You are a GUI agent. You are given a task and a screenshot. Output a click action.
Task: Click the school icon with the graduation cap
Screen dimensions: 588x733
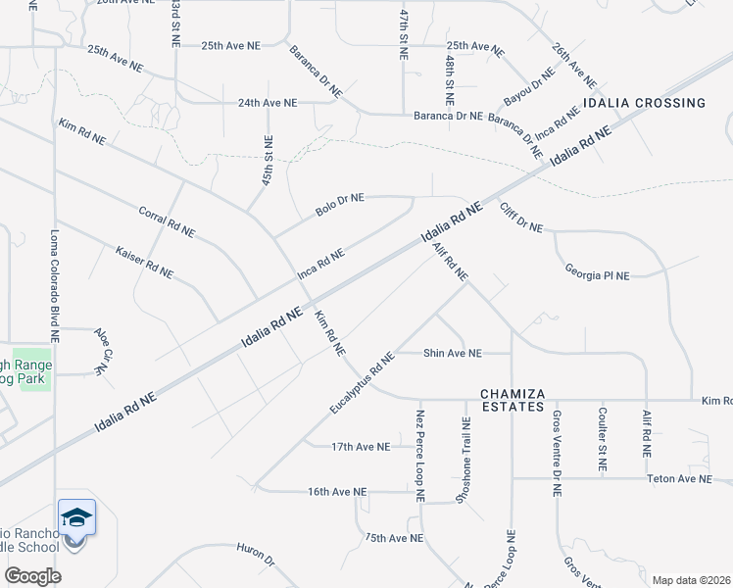tap(76, 517)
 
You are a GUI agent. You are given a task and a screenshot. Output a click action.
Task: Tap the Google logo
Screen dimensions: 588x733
tap(32, 575)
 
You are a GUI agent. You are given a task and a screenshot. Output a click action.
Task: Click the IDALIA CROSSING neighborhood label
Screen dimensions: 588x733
tap(644, 103)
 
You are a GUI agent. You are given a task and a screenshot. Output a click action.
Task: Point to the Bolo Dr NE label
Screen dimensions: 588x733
tap(340, 204)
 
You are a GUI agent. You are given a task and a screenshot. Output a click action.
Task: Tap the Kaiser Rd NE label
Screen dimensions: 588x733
tap(144, 262)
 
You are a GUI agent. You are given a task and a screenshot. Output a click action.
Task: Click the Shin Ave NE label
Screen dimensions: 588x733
tap(453, 353)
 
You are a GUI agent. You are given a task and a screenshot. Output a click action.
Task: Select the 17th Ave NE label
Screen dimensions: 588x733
tap(361, 446)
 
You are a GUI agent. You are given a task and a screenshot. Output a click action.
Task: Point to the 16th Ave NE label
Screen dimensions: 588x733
tap(336, 491)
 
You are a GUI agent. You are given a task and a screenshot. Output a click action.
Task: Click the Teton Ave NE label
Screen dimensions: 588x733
tap(679, 479)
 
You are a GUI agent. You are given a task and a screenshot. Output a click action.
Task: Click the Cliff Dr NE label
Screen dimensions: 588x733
tap(520, 218)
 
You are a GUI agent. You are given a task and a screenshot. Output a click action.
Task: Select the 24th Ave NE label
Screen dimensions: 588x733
tap(268, 102)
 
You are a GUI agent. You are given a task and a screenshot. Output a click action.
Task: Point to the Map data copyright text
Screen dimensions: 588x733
tap(691, 580)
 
